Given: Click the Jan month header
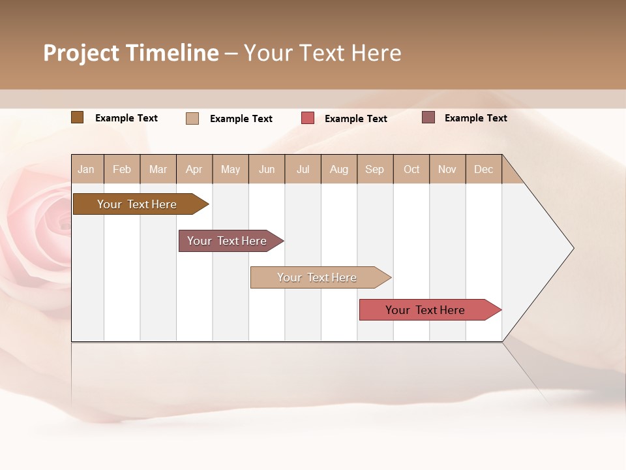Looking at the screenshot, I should (x=86, y=169).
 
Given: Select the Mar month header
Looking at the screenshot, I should (x=158, y=169).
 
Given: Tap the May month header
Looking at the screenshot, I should (x=230, y=169).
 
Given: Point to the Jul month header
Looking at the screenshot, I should (x=303, y=169).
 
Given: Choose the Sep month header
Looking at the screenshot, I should (x=374, y=169).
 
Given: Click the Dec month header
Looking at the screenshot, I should (x=483, y=169).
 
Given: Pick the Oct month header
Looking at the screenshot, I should (x=411, y=169).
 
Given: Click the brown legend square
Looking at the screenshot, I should (x=77, y=117).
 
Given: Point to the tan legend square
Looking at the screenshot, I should (x=192, y=118).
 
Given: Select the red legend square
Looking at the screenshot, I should (x=308, y=118).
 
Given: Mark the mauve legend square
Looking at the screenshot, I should (x=428, y=117).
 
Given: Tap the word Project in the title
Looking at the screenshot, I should (x=81, y=53).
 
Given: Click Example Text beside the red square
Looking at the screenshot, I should (x=355, y=119).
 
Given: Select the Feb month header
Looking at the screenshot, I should (x=122, y=169).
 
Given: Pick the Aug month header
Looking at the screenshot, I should (x=338, y=169).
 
